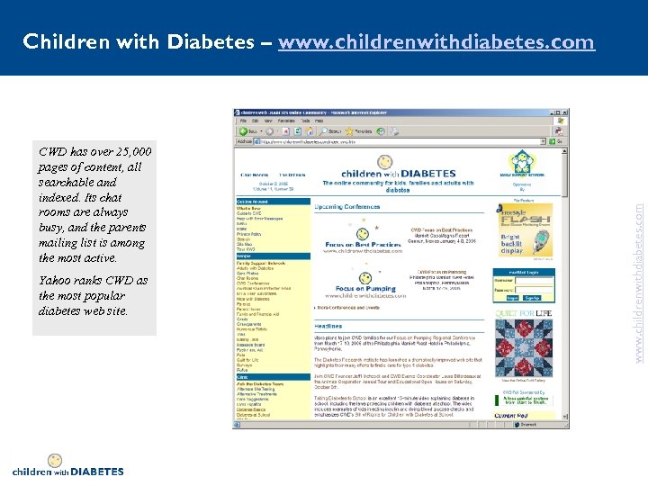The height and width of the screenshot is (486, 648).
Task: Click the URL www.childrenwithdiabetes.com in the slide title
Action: pos(436,42)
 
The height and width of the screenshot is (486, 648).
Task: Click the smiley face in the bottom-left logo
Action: pos(55,461)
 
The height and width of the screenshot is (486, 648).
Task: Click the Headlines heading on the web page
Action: pos(328,326)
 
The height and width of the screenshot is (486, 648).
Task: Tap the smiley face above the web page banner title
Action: pos(384,161)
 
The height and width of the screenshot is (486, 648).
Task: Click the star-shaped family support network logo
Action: pos(524,162)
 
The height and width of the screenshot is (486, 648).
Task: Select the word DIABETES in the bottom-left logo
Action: pos(96,471)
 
